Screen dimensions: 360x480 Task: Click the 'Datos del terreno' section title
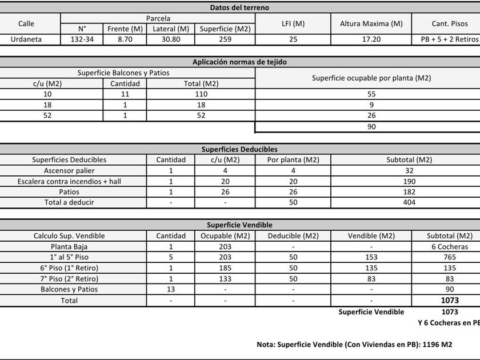[x=239, y=7]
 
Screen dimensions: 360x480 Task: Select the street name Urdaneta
[x=26, y=39]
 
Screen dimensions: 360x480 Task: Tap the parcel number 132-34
[x=82, y=39]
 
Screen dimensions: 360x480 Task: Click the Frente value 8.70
[x=125, y=39]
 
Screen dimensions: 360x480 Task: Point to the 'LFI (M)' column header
[x=293, y=23]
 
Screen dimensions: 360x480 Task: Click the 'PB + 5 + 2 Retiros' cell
[x=447, y=39]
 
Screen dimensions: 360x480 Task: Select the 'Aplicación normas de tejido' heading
[x=239, y=62]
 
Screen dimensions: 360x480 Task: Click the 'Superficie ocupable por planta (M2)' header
[x=371, y=78]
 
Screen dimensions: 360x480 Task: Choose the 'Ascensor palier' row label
[x=69, y=170]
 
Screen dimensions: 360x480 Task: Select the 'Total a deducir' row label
[x=69, y=202]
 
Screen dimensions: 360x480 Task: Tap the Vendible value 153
[x=371, y=257]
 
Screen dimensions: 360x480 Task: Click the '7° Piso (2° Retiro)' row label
[x=69, y=279]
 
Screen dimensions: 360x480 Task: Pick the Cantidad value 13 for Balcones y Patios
[x=171, y=289]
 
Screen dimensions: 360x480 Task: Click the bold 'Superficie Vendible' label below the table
[x=371, y=312]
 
